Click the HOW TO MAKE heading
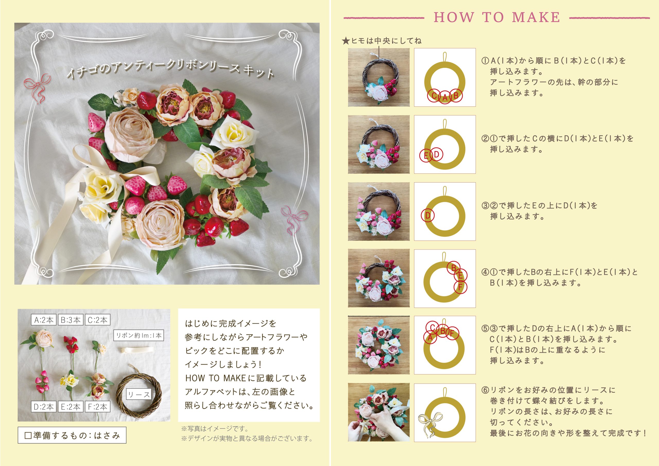497,17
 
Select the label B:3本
71,320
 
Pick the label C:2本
98,320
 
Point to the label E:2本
71,407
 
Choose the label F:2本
98,407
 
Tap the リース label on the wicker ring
139,394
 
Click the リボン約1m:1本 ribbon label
139,335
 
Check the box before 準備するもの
28,436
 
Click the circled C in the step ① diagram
434,96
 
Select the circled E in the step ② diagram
426,156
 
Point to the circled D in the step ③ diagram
428,216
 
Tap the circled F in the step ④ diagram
460,287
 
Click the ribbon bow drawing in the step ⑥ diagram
430,424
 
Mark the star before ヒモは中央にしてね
346,41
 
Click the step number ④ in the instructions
485,272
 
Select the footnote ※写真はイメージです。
215,428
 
